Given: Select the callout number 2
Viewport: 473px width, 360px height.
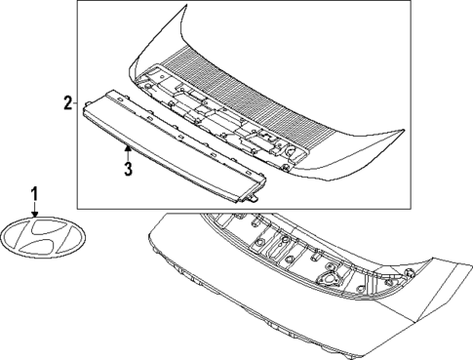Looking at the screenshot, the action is [65, 102].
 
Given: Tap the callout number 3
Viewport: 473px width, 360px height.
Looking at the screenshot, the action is [128, 168].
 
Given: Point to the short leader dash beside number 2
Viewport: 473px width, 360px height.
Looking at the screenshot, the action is [74, 102].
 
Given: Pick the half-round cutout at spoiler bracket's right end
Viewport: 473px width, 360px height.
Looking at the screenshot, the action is [290, 151].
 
